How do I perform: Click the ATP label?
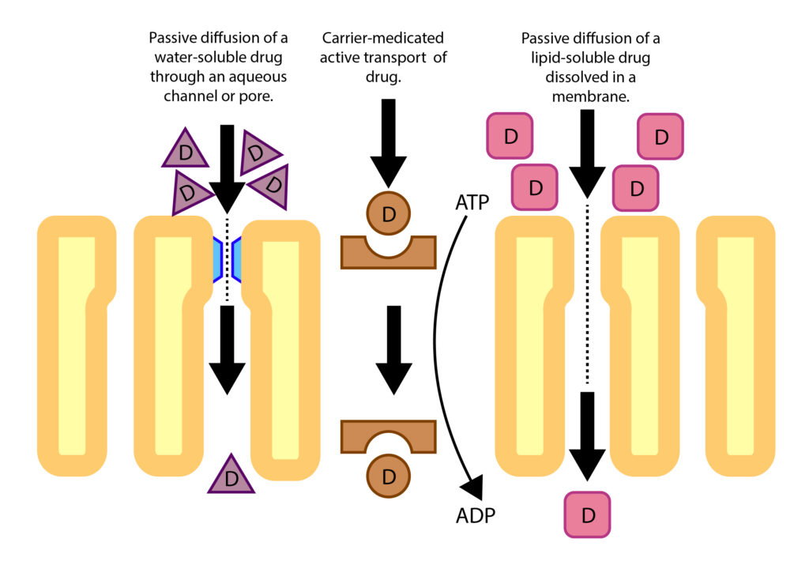[x=472, y=202]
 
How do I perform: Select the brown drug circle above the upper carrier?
[x=389, y=213]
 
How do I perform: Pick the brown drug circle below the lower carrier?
[x=389, y=476]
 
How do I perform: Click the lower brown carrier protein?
[x=388, y=437]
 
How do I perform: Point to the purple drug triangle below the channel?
[x=231, y=476]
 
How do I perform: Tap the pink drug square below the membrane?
[x=587, y=514]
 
